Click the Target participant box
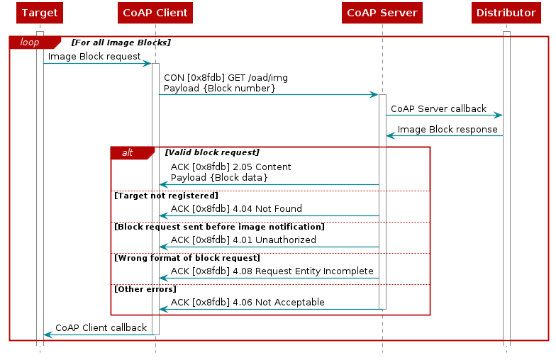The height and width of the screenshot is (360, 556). tap(40, 13)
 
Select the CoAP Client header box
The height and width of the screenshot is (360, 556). tap(155, 13)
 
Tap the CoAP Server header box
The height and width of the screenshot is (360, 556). tap(382, 13)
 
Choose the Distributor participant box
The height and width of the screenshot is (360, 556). tap(506, 13)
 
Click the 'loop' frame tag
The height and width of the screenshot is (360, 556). tap(30, 43)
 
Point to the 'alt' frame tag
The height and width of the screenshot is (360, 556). tap(128, 153)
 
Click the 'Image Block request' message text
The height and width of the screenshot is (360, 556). tap(94, 57)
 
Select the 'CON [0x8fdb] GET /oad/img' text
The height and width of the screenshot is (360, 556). tap(226, 77)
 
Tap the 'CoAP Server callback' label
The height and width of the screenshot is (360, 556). tap(438, 109)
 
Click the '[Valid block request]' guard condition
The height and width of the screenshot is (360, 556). tap(212, 152)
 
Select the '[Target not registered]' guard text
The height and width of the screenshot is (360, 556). tap(166, 195)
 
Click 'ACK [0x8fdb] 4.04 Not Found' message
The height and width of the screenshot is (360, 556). tap(236, 209)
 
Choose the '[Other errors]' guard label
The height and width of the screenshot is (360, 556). tap(145, 288)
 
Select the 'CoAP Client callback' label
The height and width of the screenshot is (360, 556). tap(101, 328)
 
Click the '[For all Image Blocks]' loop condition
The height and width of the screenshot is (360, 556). tap(121, 43)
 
